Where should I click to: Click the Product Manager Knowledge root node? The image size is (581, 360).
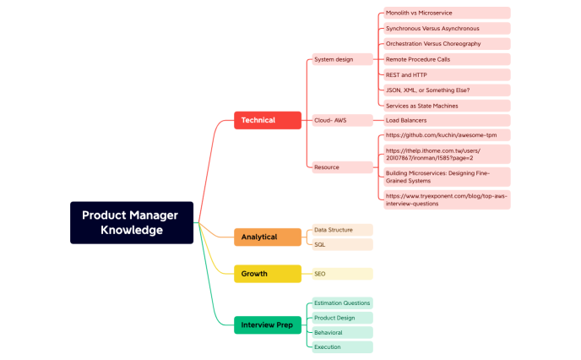[x=132, y=222]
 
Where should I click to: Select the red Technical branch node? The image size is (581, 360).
[x=267, y=120]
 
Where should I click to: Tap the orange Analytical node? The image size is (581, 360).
[x=267, y=237]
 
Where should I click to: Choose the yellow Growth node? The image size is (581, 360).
[x=267, y=274]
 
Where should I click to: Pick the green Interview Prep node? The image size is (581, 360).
[x=267, y=325]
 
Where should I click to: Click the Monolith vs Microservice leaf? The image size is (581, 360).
[x=446, y=14]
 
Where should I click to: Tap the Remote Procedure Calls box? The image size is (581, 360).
[x=446, y=59]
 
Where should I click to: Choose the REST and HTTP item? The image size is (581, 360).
[x=446, y=74]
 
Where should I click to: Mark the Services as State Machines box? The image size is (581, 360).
[x=446, y=106]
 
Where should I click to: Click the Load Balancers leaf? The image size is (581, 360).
[x=446, y=120]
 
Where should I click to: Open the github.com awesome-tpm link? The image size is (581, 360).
[x=446, y=135]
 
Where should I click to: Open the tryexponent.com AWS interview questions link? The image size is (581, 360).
[x=446, y=199]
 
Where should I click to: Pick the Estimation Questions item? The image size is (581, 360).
[x=341, y=303]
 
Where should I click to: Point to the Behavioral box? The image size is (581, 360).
[x=341, y=332]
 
